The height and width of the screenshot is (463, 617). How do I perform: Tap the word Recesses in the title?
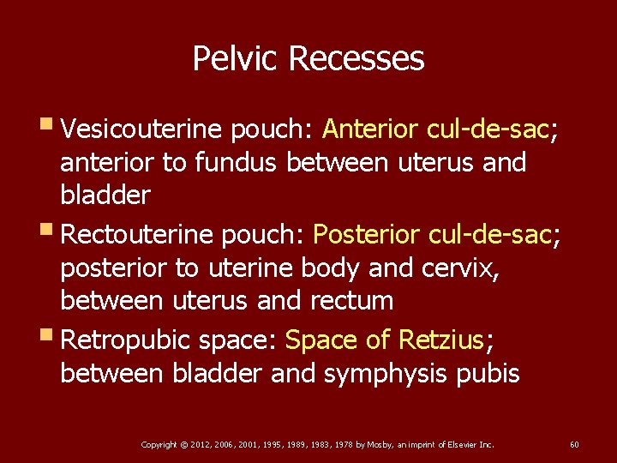[356, 59]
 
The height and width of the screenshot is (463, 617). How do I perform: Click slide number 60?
[574, 444]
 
